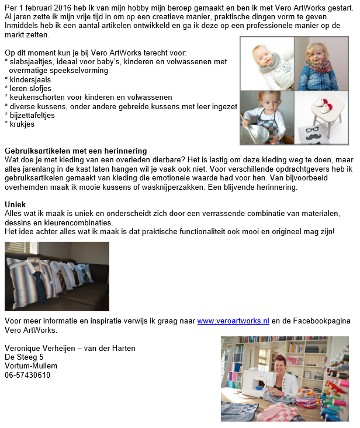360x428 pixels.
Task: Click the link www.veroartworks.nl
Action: (233, 321)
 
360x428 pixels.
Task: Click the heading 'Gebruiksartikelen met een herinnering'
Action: (75, 151)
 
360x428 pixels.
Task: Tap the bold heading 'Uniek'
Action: (15, 204)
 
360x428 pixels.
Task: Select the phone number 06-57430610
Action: (27, 375)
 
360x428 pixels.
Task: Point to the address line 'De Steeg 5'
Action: (24, 357)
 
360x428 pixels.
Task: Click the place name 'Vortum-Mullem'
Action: (31, 366)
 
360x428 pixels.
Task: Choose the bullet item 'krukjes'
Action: (22, 124)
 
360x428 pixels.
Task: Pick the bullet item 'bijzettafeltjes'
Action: (33, 115)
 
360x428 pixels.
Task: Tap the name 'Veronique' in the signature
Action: (23, 349)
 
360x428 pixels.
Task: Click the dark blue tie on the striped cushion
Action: (40, 284)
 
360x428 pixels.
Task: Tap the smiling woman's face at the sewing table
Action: (279, 366)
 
